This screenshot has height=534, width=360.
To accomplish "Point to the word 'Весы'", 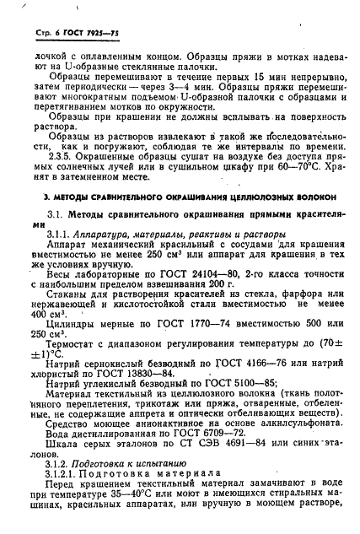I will point(62,274).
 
